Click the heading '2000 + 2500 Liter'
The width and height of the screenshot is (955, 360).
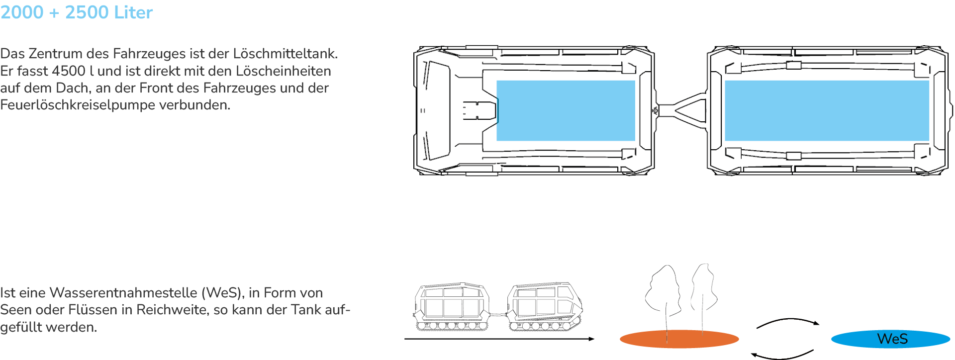point(77,12)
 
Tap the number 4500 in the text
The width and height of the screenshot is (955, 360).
point(69,71)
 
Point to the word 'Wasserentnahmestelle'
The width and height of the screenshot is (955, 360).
point(123,293)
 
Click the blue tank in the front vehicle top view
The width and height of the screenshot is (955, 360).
point(566,110)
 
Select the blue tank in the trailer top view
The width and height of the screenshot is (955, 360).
point(827,110)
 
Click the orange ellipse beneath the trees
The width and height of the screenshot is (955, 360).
point(679,339)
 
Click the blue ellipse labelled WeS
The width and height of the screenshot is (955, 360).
point(890,339)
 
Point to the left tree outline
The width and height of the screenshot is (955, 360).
point(663,293)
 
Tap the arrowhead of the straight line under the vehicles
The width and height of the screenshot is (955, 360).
point(591,339)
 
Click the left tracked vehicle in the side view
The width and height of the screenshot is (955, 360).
point(451,307)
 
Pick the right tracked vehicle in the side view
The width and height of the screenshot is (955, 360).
point(544,307)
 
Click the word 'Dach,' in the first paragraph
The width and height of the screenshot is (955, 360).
point(72,89)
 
